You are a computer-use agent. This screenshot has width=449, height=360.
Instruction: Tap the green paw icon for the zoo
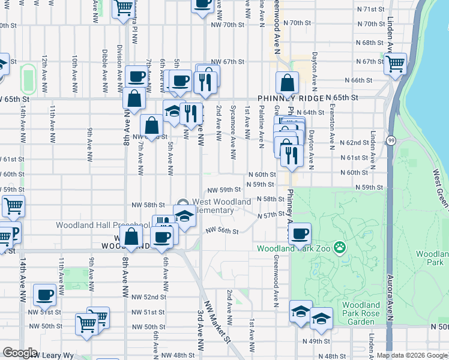point(340,247)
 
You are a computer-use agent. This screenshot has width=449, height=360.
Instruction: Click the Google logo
point(20,353)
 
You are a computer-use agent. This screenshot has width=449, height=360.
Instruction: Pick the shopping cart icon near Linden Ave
point(396,63)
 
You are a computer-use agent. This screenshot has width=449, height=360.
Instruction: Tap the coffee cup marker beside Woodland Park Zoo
point(300,233)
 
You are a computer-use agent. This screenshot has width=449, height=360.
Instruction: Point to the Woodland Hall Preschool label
point(94,226)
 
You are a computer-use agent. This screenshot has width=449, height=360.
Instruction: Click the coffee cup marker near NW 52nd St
point(45,294)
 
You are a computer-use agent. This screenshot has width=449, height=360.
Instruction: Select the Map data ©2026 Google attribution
point(412,355)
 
